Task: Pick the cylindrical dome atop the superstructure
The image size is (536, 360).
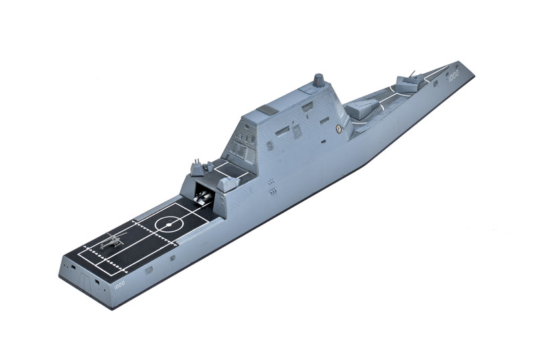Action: pos(319,82)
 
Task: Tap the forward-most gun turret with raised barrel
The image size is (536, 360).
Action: pos(407,81)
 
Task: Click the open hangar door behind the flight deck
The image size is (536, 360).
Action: pos(204,196)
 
